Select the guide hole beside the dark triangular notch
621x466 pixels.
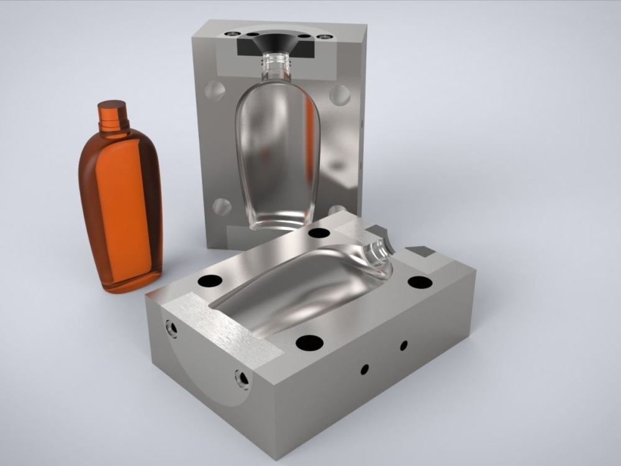coord(420,282)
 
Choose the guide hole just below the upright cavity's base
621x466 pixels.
coord(319,234)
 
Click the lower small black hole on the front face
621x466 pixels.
coord(365,369)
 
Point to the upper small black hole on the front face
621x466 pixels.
coord(404,345)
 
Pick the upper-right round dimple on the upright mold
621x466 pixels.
coord(340,94)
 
